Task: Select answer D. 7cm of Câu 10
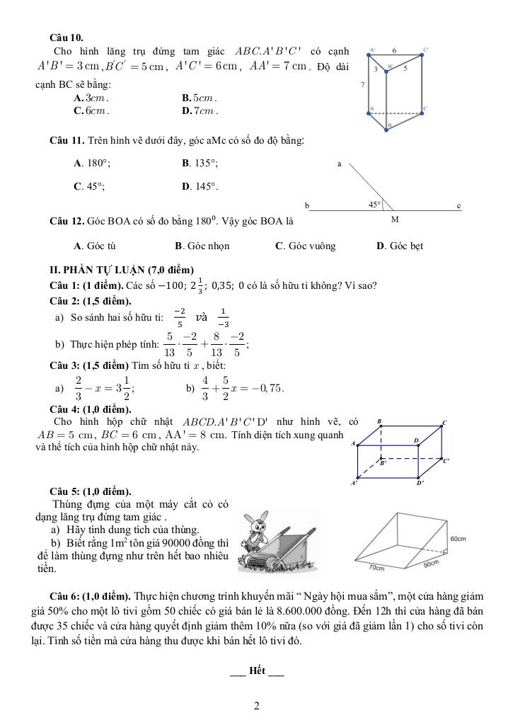tap(200, 111)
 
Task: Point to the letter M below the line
tap(395, 219)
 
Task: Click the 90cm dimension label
tap(431, 564)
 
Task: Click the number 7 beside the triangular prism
tap(362, 84)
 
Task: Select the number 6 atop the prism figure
tap(394, 50)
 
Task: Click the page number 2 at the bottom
tap(256, 706)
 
